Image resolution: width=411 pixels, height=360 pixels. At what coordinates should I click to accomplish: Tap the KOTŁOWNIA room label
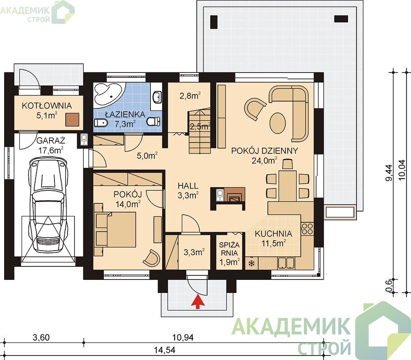(47, 106)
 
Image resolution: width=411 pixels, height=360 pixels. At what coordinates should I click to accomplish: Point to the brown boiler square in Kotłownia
(72, 120)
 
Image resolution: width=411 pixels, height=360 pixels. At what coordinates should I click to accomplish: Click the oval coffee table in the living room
(278, 123)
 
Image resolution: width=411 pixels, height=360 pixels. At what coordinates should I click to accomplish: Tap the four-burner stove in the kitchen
(307, 228)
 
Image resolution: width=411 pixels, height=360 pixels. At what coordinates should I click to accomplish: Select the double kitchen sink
(286, 263)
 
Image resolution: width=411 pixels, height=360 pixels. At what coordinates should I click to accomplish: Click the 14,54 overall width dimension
(164, 350)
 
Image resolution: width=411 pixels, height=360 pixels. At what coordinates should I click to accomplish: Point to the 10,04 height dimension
(402, 170)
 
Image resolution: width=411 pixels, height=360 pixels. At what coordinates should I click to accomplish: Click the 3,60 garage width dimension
(41, 337)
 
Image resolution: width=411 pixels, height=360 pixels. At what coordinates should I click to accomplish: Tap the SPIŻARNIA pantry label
(229, 249)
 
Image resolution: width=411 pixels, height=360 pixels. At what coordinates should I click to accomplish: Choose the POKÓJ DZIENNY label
(265, 151)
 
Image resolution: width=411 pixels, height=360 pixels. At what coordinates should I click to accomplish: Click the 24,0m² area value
(265, 160)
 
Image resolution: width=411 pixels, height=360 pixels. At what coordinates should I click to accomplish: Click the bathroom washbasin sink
(157, 97)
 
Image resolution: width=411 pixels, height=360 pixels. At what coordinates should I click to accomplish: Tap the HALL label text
(188, 186)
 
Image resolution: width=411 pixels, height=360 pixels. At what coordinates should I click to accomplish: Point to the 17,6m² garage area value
(51, 150)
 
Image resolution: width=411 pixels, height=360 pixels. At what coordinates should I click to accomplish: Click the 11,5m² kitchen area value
(273, 243)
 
